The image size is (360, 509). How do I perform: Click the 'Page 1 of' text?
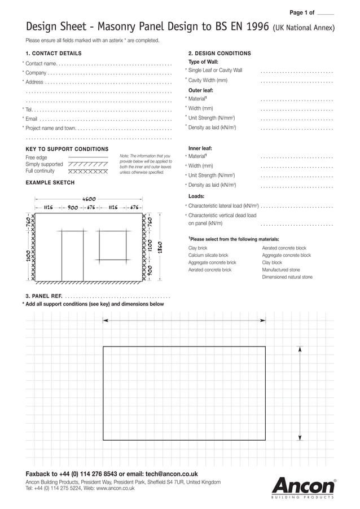pos(301,12)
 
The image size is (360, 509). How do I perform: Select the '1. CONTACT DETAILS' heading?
pos(54,54)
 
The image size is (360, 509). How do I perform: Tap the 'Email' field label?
pos(32,119)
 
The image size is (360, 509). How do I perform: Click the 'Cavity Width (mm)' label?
pos(208,80)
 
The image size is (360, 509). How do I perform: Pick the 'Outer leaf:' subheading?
pos(201,90)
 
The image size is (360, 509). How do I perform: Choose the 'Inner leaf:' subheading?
pos(200,148)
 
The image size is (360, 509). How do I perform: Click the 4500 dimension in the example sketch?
pos(89,199)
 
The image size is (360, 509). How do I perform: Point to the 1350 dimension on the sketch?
pos(160,248)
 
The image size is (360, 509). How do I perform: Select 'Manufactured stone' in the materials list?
pos(281,270)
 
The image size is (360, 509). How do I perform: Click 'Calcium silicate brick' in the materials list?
pos(208,255)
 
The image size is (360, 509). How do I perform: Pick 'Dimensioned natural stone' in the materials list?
pos(287,277)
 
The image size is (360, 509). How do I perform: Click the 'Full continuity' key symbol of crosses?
pos(87,171)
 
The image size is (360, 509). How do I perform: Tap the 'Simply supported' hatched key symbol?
pos(87,164)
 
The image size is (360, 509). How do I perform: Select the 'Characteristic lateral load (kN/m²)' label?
pos(223,206)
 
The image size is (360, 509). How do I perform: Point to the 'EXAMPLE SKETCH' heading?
pos(50,183)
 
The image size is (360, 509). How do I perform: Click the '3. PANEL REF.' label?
pos(43,296)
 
